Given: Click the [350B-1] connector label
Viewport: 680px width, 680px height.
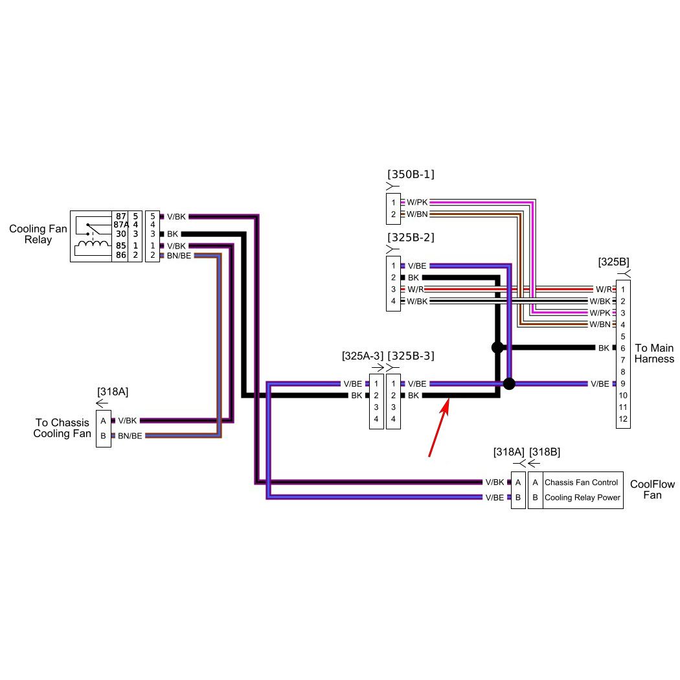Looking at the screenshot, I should click(x=411, y=175).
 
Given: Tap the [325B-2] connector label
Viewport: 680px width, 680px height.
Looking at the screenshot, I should click(x=411, y=238).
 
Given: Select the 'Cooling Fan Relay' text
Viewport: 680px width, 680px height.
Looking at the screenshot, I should click(x=38, y=234).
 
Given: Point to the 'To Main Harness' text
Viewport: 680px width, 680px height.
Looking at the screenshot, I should click(x=654, y=354).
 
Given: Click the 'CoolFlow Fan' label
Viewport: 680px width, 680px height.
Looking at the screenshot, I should click(x=652, y=490).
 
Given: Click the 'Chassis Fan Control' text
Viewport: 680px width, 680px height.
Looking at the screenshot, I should click(x=581, y=482).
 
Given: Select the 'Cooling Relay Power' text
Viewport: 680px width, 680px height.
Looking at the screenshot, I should click(x=582, y=498).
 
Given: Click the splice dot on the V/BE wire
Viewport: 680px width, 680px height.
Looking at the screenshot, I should click(x=509, y=383).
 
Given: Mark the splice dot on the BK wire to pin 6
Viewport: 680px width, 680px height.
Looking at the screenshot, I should click(x=497, y=348).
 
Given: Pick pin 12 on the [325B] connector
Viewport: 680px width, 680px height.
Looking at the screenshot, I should click(x=622, y=419).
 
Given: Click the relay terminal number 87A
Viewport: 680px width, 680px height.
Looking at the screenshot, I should click(x=120, y=225).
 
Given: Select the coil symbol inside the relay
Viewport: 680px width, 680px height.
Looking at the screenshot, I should click(x=93, y=246).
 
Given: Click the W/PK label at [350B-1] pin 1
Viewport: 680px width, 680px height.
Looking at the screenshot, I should click(x=417, y=202).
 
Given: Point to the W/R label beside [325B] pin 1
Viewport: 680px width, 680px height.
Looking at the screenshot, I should click(x=603, y=289).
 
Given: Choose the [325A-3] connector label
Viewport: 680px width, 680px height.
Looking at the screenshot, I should click(x=362, y=356).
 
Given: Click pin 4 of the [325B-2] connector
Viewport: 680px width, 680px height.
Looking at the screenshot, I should click(x=393, y=301).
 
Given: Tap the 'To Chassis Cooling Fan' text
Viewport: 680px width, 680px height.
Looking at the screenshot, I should click(x=62, y=428).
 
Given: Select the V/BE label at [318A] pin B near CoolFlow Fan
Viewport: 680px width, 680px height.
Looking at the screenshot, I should click(x=494, y=498).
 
